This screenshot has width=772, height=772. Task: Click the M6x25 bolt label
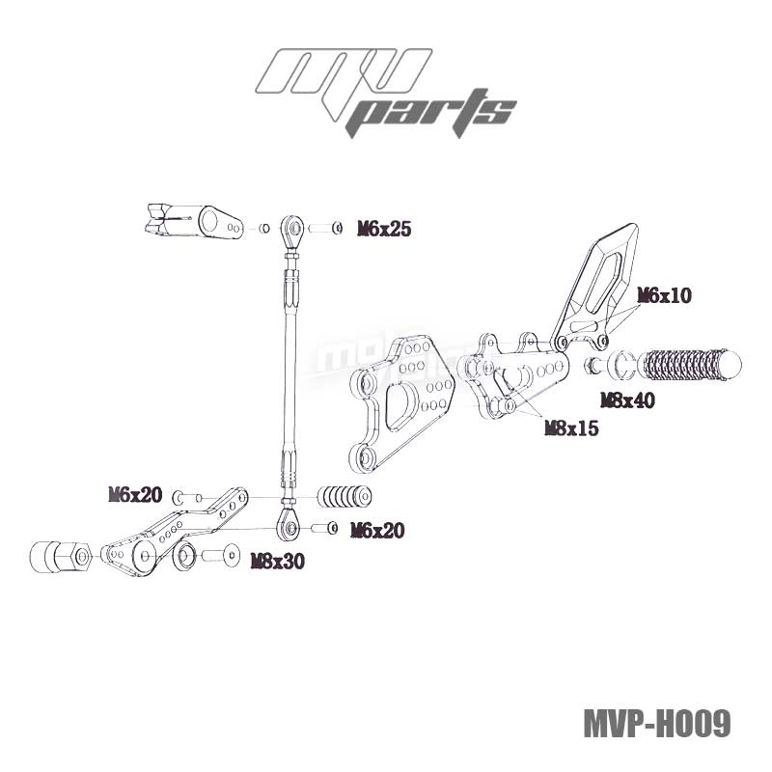384,229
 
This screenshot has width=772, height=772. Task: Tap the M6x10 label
664,296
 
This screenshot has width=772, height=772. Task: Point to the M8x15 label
571,427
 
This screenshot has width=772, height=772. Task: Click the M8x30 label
277,561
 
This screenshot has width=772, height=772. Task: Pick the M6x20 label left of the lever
135,495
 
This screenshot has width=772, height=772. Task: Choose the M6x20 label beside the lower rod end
377,529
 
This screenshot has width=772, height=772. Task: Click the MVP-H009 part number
656,723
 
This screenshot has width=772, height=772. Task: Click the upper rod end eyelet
291,229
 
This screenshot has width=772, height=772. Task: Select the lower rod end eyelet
289,526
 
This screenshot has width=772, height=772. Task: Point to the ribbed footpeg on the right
691,365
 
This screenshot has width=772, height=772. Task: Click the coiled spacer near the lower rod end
345,498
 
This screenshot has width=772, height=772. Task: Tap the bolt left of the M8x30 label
221,556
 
